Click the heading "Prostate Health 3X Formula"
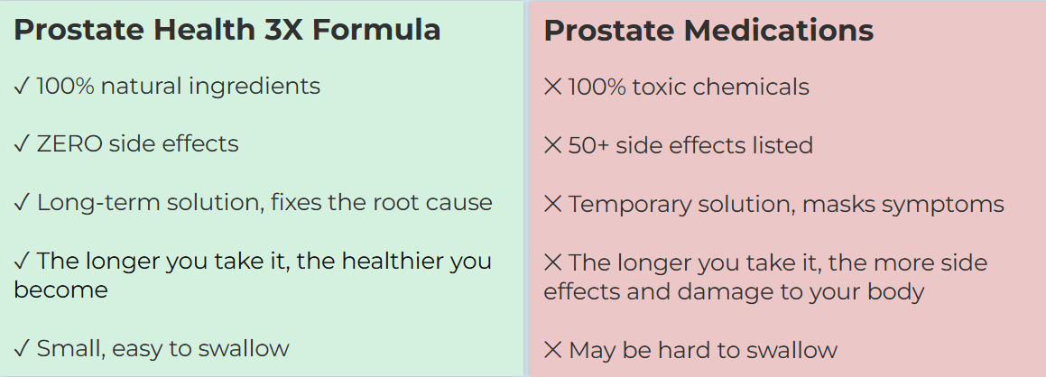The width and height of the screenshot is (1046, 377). [x=227, y=30]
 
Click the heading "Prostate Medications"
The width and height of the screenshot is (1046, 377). [x=708, y=31]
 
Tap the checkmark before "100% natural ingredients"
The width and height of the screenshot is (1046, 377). [x=22, y=86]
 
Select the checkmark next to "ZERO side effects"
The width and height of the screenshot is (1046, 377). [x=22, y=144]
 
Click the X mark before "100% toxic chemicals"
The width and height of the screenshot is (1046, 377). [x=553, y=87]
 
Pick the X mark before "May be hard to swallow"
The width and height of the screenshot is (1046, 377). [x=553, y=350]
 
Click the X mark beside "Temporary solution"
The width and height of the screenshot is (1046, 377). [x=553, y=204]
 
